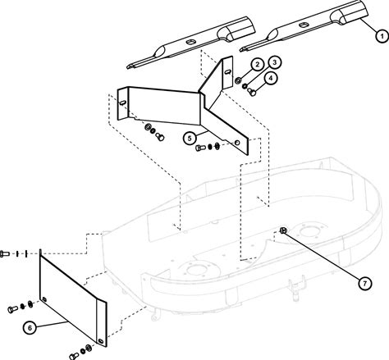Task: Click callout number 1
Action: (382, 36)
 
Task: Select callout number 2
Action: (257, 65)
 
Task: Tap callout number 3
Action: (275, 62)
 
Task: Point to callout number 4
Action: (271, 78)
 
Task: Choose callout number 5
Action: (190, 138)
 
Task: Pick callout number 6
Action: (30, 328)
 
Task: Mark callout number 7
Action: (365, 284)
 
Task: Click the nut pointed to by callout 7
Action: (283, 230)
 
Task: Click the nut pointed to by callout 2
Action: (238, 80)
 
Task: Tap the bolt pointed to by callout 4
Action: (251, 92)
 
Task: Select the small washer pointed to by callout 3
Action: (245, 86)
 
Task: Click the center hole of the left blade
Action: (190, 42)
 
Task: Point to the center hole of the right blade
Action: (304, 25)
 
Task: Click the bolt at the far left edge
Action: (5, 253)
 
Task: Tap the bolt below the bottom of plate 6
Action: (74, 356)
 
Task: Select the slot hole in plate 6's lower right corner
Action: (101, 341)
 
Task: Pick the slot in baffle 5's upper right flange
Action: (227, 71)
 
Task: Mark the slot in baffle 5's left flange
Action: (123, 103)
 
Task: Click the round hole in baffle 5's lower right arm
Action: (237, 143)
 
